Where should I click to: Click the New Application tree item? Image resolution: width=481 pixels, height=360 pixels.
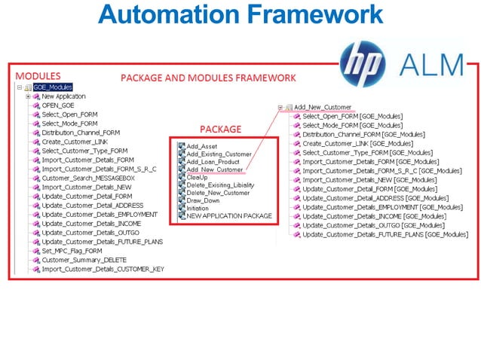63,96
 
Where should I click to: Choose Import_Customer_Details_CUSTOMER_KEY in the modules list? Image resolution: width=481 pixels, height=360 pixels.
103,268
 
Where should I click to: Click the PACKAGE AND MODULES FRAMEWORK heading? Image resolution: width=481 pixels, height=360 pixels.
209,78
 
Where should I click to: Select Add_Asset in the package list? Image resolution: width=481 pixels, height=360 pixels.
201,145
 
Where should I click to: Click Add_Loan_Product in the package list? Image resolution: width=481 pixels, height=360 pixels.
213,162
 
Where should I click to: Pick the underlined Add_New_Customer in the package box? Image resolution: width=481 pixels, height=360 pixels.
215,169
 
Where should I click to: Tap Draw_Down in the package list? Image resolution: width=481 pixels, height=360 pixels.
204,200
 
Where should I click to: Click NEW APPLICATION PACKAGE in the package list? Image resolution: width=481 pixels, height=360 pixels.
229,216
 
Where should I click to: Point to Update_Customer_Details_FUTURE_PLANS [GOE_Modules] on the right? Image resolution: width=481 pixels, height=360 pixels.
385,234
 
